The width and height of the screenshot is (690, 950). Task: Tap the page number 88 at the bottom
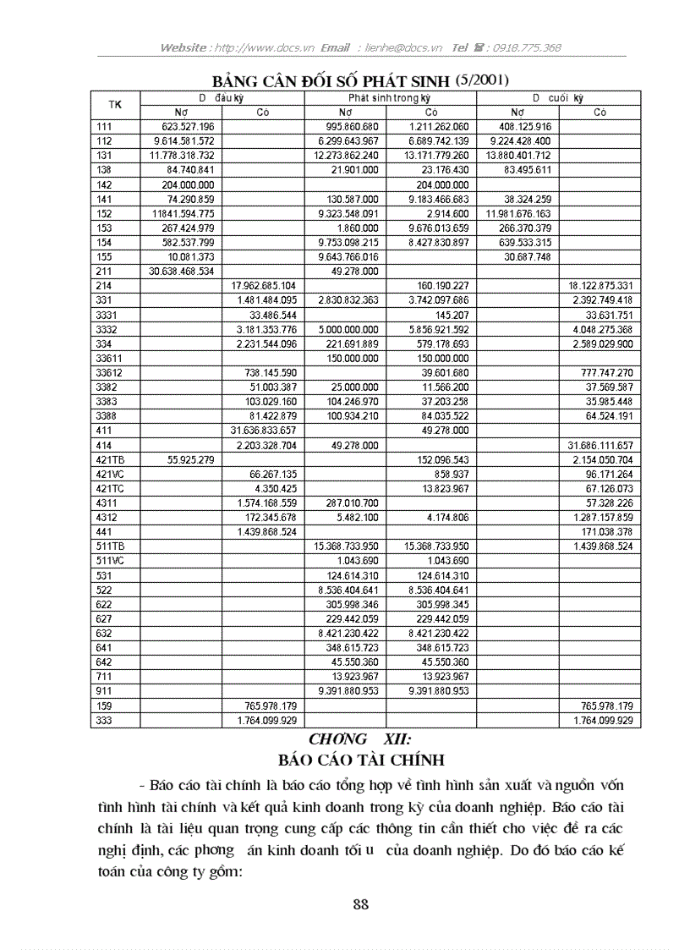(360, 904)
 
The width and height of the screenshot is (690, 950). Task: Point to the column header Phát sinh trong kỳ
(390, 98)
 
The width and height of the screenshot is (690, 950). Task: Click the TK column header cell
(115, 105)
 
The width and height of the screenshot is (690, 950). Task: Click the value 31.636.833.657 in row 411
(264, 430)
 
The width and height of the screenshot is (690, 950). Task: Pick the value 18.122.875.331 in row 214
(602, 286)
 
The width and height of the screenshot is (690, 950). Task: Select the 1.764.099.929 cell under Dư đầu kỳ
(265, 720)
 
